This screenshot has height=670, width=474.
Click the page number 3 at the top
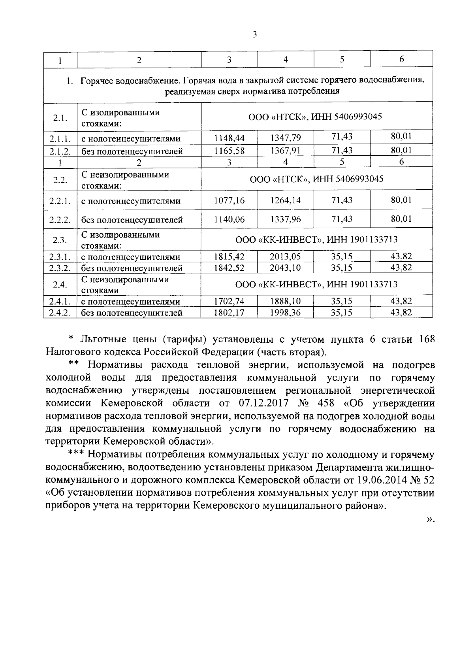coord(255,35)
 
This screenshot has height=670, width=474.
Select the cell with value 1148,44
coord(229,138)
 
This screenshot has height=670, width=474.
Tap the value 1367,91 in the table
coord(285,151)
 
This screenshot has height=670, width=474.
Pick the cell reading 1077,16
coord(229,200)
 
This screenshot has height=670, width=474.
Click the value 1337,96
coord(285,219)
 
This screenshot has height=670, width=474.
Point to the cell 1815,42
coord(229,257)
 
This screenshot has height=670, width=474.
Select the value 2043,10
coord(285,268)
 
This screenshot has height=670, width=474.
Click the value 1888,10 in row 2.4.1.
coord(285,302)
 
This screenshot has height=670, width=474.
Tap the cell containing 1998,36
coord(285,313)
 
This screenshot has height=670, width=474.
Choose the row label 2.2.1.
coord(60,201)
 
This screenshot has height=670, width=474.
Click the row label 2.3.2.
coord(60,268)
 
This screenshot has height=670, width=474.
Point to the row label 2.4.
coord(60,285)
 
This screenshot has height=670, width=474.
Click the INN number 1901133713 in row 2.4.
coord(373,285)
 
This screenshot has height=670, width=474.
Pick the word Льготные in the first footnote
coord(105,339)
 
